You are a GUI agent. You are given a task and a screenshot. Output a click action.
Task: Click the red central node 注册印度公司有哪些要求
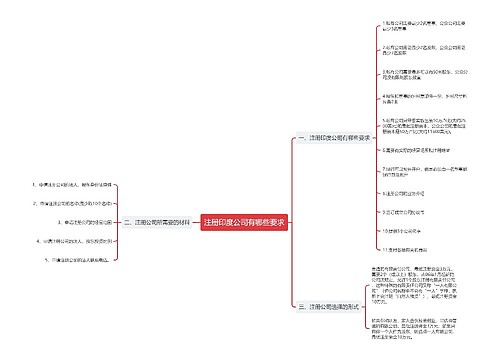(245, 222)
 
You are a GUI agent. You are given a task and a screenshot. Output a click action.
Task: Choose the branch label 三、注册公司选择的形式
(328, 306)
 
